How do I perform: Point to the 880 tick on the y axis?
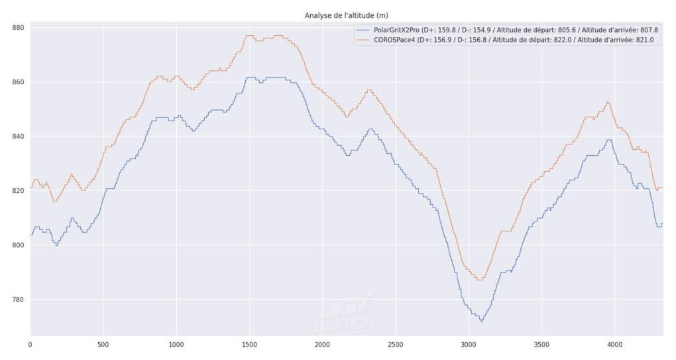pos(18,28)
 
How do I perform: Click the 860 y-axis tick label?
pos(18,82)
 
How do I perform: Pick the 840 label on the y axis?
pos(18,137)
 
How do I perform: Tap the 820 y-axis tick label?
pos(18,191)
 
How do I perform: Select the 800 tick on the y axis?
pos(18,245)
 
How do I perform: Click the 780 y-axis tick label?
pos(18,300)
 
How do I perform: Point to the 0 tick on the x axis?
pos(30,345)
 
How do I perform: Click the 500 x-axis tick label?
pos(103,345)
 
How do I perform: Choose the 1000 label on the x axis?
pos(176,345)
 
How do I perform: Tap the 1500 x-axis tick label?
pos(249,345)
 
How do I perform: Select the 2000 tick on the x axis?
pos(322,345)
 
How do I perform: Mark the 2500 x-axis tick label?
pos(395,345)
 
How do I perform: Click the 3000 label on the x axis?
pos(469,345)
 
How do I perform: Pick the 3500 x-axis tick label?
pos(541,345)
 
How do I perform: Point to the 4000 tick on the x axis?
pos(614,345)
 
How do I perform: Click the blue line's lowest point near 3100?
pos(481,322)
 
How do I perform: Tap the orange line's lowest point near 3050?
pos(479,280)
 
